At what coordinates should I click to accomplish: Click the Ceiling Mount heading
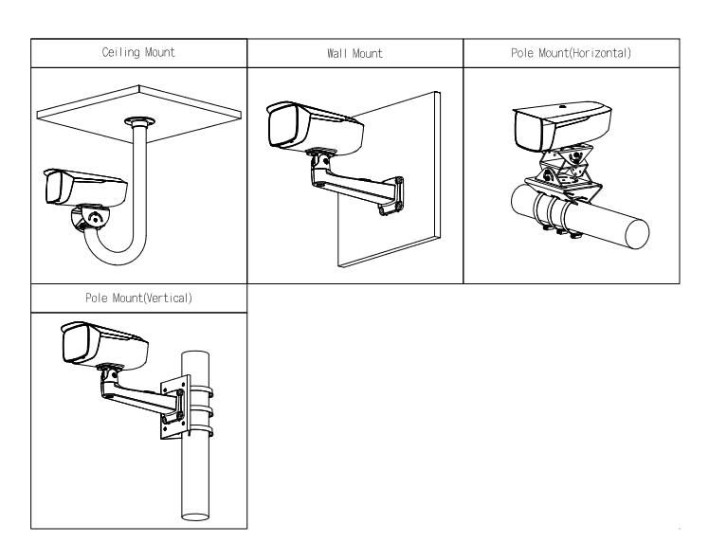pos(138,53)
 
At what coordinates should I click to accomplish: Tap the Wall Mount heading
pos(354,53)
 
